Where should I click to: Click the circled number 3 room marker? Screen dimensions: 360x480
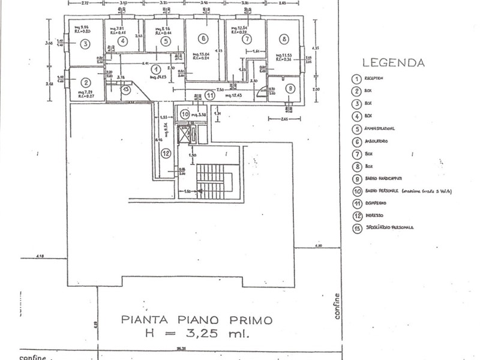tap(85, 44)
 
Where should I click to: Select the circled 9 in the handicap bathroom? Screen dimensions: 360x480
tap(290, 88)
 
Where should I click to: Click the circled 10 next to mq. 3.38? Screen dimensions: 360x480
tap(185, 113)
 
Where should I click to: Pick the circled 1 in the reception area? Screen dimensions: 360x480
tap(154, 70)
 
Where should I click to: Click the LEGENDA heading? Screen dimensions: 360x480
tap(394, 62)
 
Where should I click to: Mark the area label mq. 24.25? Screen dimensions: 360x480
tap(158, 78)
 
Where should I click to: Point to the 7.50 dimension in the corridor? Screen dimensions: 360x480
tap(221, 89)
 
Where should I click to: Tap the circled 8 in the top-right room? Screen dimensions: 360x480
tap(284, 38)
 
